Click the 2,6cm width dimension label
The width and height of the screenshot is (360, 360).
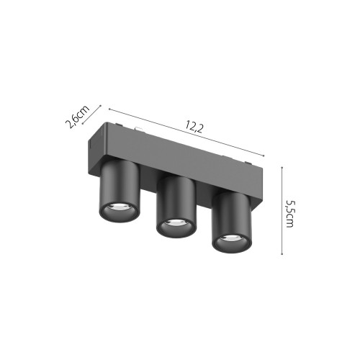(77, 118)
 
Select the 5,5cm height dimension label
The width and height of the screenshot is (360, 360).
(289, 214)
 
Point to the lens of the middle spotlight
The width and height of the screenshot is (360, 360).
(176, 226)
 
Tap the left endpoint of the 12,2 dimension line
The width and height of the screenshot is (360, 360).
(109, 109)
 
